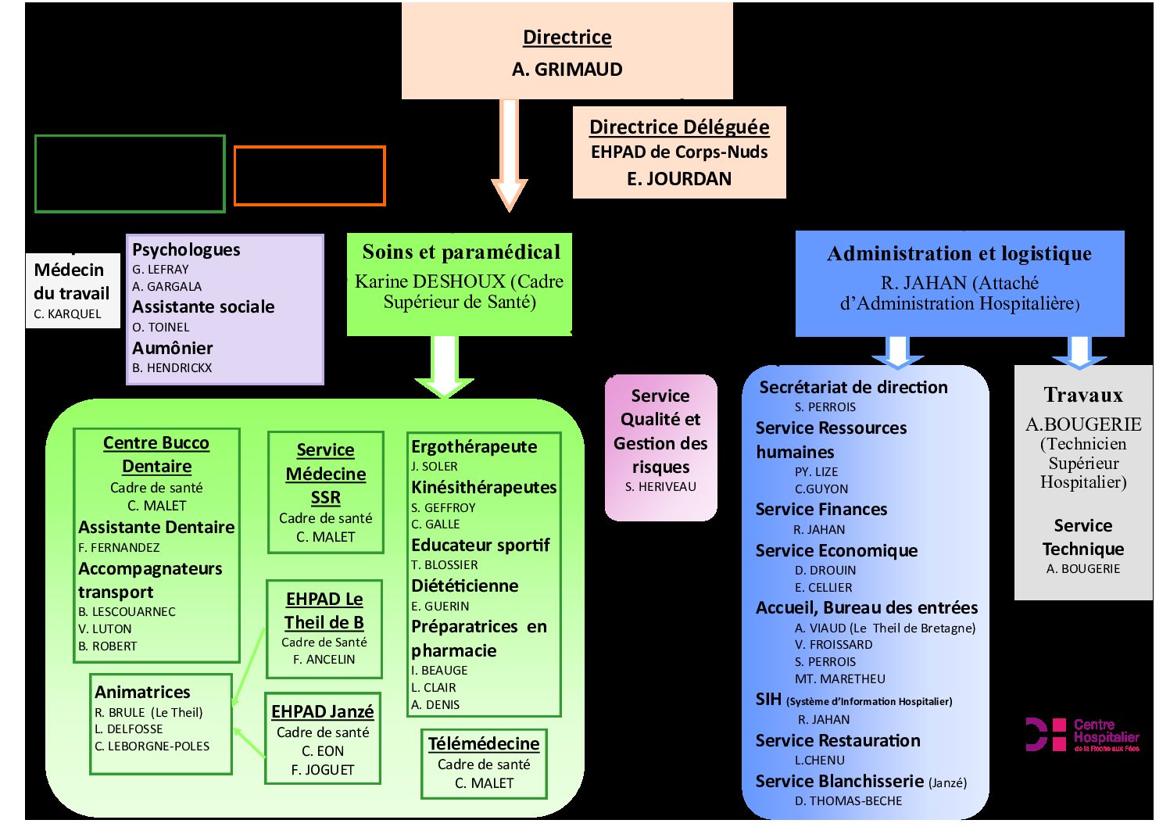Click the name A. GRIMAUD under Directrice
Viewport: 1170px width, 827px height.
(567, 69)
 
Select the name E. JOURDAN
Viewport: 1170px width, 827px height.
(679, 179)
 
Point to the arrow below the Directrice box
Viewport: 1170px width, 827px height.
(510, 155)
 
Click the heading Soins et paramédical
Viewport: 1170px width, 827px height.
(461, 252)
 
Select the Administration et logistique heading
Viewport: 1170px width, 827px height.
(959, 253)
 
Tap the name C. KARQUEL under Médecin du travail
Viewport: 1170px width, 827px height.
(67, 314)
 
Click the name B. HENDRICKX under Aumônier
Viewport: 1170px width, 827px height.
(172, 368)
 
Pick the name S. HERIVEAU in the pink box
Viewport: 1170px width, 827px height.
(660, 486)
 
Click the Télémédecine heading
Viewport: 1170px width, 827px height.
(484, 743)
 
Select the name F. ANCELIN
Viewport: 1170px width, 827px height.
(324, 659)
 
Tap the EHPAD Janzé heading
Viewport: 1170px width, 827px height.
(322, 711)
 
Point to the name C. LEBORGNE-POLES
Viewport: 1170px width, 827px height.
(152, 746)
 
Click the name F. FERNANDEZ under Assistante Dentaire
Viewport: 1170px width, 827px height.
(119, 547)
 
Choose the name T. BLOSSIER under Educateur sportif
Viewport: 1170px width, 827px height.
(445, 564)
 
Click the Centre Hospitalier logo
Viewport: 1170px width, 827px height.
(1082, 735)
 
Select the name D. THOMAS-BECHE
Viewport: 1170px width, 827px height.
(848, 801)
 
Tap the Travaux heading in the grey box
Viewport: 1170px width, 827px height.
(1083, 395)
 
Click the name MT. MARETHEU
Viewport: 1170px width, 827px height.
(840, 678)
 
